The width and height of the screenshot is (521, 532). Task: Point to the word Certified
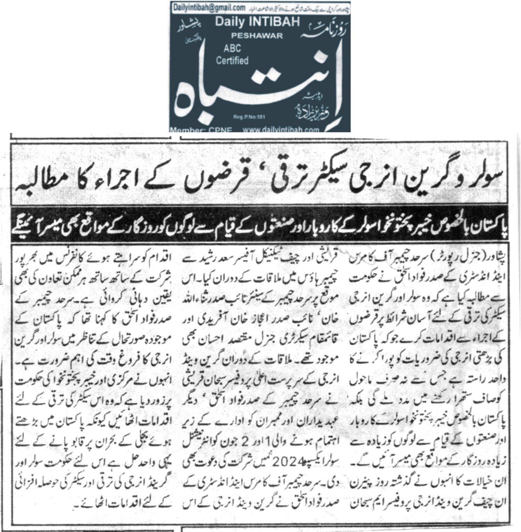pos(232,61)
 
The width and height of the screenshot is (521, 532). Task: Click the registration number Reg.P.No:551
pos(249,118)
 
